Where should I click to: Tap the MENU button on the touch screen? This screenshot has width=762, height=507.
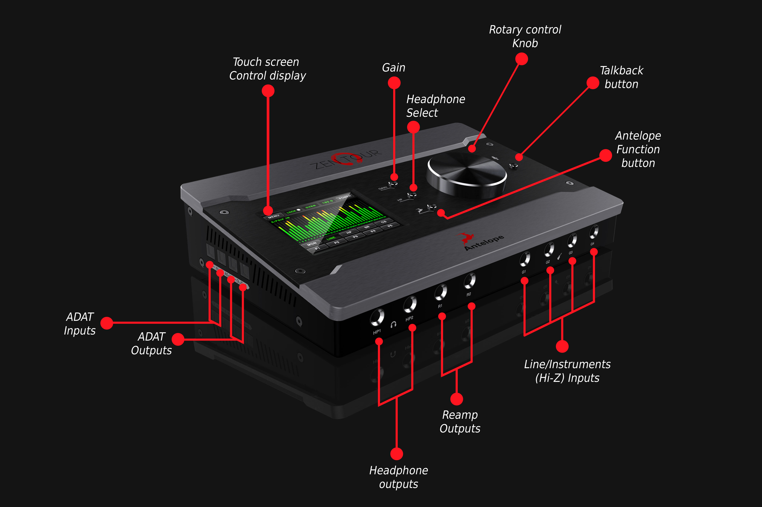274,216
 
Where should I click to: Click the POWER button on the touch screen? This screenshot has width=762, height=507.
345,197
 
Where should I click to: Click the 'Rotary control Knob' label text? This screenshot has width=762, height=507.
525,36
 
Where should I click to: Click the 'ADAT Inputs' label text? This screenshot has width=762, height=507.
80,324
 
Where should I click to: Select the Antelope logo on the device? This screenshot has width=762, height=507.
481,241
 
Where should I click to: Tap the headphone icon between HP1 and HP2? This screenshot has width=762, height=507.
393,324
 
